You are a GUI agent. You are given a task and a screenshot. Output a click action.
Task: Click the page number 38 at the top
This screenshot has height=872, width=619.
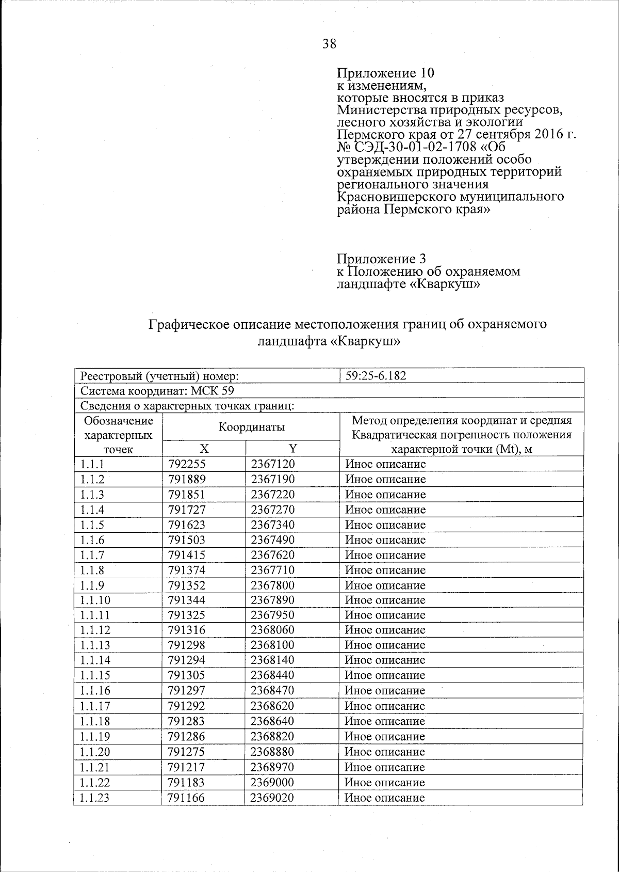329,44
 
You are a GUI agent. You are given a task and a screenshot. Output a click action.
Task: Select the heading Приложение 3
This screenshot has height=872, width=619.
381,258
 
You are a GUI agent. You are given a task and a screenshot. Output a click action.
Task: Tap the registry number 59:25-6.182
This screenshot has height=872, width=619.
376,375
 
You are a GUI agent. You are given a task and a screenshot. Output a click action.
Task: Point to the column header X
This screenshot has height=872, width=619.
204,449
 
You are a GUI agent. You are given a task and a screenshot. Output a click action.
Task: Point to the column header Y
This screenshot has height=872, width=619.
292,449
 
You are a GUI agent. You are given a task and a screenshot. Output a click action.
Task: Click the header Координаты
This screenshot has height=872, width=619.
251,427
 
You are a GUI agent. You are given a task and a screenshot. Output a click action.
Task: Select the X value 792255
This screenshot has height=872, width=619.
187,464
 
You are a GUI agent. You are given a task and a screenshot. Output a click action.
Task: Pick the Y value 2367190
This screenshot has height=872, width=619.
273,479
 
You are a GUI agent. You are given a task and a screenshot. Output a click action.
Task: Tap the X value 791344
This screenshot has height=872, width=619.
187,600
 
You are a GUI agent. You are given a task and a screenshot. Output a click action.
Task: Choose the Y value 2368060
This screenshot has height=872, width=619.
273,630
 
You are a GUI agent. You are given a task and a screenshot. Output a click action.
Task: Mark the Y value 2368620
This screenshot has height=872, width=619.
273,706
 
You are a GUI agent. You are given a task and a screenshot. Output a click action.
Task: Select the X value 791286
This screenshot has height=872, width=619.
187,736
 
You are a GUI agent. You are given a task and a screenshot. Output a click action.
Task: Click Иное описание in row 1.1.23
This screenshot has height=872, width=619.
384,798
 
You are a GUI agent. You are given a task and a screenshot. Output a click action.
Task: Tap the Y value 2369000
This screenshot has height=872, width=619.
273,782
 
